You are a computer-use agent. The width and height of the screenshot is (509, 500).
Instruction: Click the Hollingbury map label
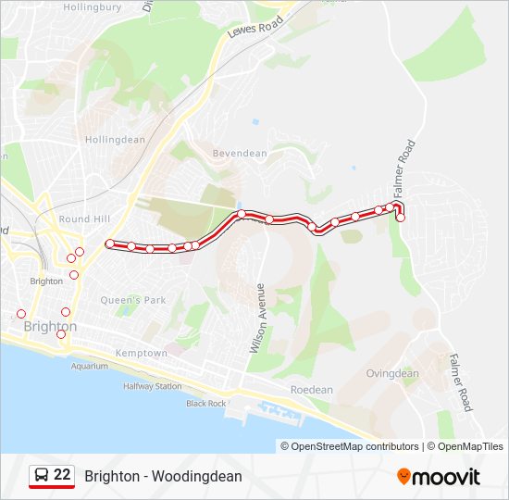91,6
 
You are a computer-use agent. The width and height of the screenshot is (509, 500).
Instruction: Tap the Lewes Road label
255,30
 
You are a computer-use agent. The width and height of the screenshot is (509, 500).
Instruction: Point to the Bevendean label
239,154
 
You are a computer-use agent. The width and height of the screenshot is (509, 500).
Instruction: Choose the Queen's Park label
133,300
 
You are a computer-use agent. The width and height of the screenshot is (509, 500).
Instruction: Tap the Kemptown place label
142,354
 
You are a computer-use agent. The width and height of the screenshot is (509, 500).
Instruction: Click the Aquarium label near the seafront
90,367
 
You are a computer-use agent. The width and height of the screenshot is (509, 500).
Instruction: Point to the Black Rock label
205,404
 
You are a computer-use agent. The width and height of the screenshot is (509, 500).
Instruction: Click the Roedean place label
311,391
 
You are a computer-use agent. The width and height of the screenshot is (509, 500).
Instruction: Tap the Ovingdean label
392,374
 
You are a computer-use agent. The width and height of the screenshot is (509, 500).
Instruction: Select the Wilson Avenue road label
258,318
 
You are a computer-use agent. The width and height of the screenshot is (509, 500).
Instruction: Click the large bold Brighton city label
50,328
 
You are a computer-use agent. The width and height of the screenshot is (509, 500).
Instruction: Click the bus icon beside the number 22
42,475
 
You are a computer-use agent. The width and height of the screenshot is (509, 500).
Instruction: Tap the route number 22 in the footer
62,475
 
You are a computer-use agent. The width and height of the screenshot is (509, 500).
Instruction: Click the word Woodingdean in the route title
199,476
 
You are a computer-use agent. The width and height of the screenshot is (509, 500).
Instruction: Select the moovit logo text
447,477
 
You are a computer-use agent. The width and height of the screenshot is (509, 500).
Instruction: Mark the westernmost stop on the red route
110,244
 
